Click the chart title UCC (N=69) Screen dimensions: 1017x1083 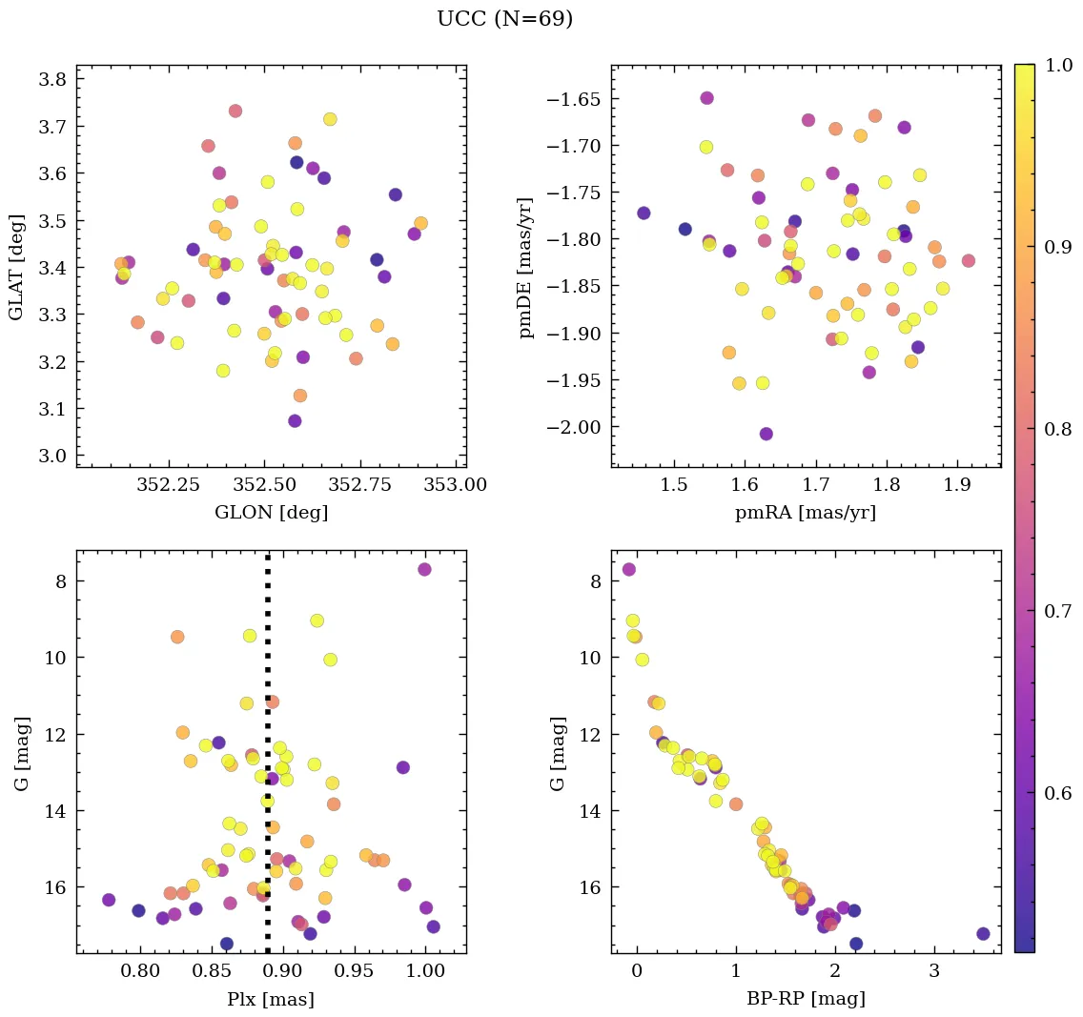click(504, 19)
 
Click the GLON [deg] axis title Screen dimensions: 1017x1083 click(271, 513)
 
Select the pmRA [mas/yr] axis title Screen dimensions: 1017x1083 click(805, 513)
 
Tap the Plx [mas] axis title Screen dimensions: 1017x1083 click(271, 999)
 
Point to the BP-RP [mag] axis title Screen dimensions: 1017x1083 click(805, 999)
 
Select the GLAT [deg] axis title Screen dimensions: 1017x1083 click(16, 268)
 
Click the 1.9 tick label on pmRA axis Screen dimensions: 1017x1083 click(957, 485)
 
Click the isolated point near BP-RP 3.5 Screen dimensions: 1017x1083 click(983, 934)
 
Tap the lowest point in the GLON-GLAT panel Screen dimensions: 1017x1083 click(295, 420)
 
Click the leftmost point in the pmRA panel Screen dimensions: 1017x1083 click(644, 213)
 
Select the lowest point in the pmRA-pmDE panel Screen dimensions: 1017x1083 click(766, 434)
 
